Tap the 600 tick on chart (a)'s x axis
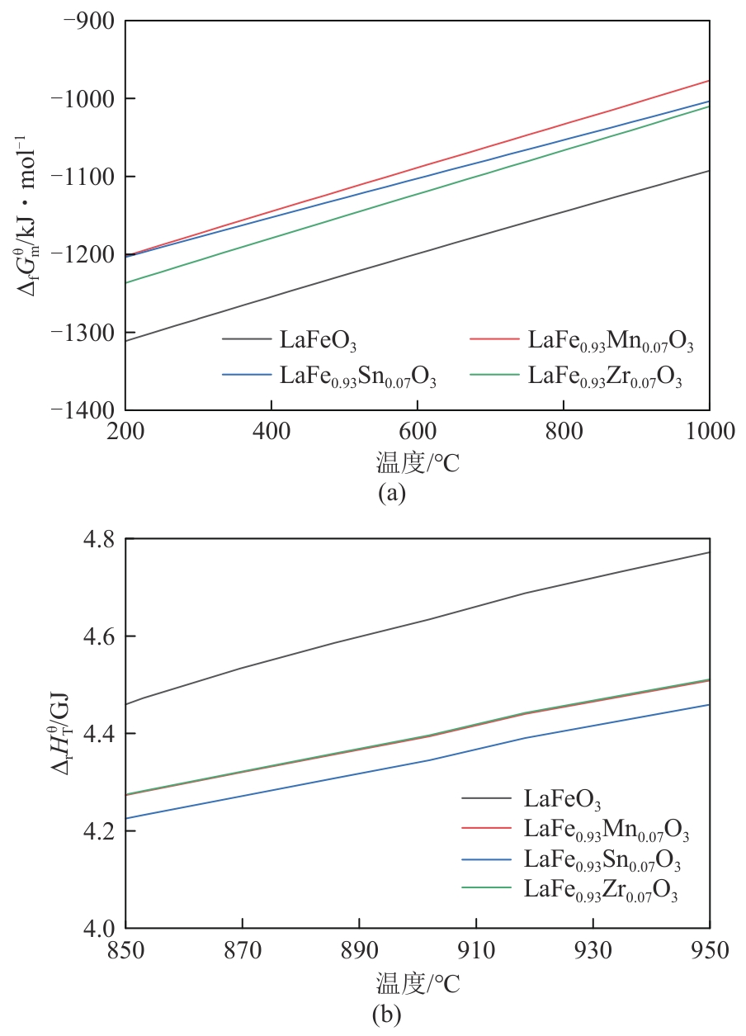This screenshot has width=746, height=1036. point(418,432)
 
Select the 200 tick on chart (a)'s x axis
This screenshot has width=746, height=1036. point(125,432)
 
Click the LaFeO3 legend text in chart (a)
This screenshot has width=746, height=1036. point(318,340)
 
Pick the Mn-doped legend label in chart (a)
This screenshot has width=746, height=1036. point(611,342)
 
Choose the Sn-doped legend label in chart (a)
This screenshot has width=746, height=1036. point(358,378)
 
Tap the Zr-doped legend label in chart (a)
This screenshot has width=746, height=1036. point(605,378)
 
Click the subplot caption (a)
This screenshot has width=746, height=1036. point(391,494)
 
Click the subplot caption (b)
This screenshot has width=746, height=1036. point(388,1015)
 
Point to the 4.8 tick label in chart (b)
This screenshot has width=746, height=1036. point(101,539)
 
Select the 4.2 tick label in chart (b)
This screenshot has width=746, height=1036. point(101,830)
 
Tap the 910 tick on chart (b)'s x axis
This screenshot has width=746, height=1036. point(476,950)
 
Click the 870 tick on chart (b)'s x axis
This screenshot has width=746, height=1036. point(243,950)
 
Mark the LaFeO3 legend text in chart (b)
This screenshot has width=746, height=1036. point(562,799)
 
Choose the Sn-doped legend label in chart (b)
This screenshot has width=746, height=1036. point(602,862)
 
